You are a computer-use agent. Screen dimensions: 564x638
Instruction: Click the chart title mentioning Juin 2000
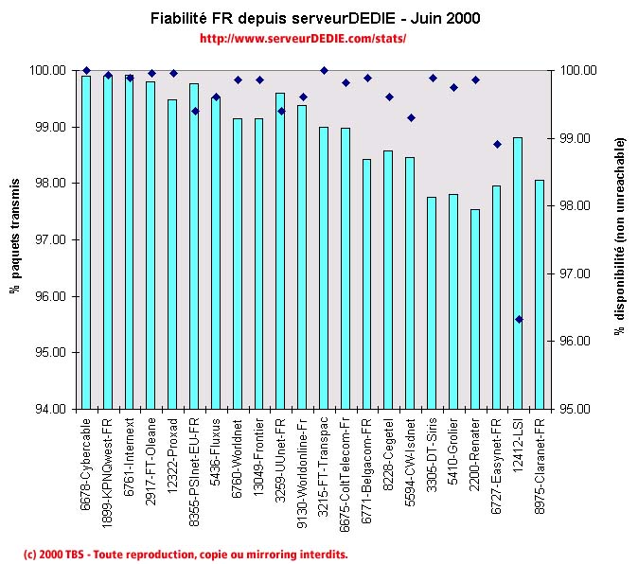pos(316,19)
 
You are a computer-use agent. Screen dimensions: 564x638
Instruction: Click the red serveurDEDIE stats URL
pos(303,39)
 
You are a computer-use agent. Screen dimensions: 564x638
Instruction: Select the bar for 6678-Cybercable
pos(86,242)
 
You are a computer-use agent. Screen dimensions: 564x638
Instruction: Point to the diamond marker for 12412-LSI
pos(519,319)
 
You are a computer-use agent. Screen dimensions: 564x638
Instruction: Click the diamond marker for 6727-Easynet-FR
pos(497,144)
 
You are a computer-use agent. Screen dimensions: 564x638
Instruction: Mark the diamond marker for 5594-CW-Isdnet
pos(411,117)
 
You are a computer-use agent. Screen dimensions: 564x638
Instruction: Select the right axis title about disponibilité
pos(620,237)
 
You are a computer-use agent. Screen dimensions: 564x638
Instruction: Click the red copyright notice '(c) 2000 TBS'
pos(186,554)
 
